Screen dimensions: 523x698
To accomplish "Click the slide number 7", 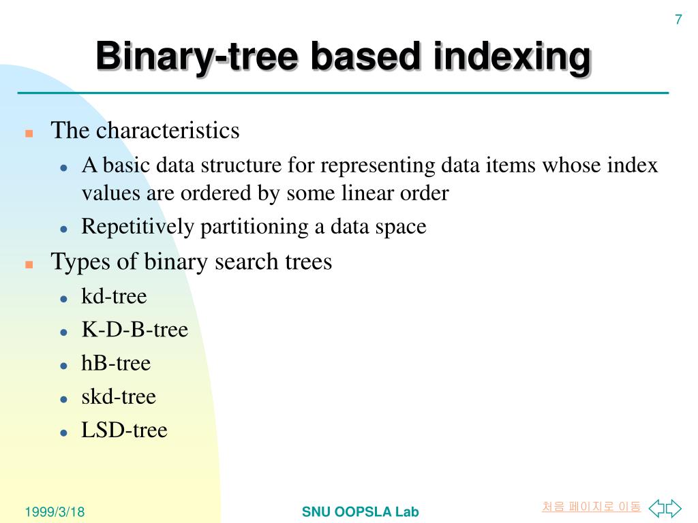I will tap(678, 20).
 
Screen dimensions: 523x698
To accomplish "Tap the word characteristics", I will tap(168, 130).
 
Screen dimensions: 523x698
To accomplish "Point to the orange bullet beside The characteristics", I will tap(29, 133).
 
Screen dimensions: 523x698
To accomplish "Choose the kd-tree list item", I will tap(114, 296).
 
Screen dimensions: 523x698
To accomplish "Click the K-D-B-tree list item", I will tap(134, 330).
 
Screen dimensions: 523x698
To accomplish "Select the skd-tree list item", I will tap(119, 396).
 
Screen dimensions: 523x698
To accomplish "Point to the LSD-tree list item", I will tap(124, 430).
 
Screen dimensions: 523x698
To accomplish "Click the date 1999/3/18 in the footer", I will tap(55, 512).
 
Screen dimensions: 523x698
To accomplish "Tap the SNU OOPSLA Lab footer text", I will tap(360, 512).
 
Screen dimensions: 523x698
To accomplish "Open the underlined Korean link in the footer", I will tap(591, 507).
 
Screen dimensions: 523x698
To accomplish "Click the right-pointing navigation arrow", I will tap(673, 507).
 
